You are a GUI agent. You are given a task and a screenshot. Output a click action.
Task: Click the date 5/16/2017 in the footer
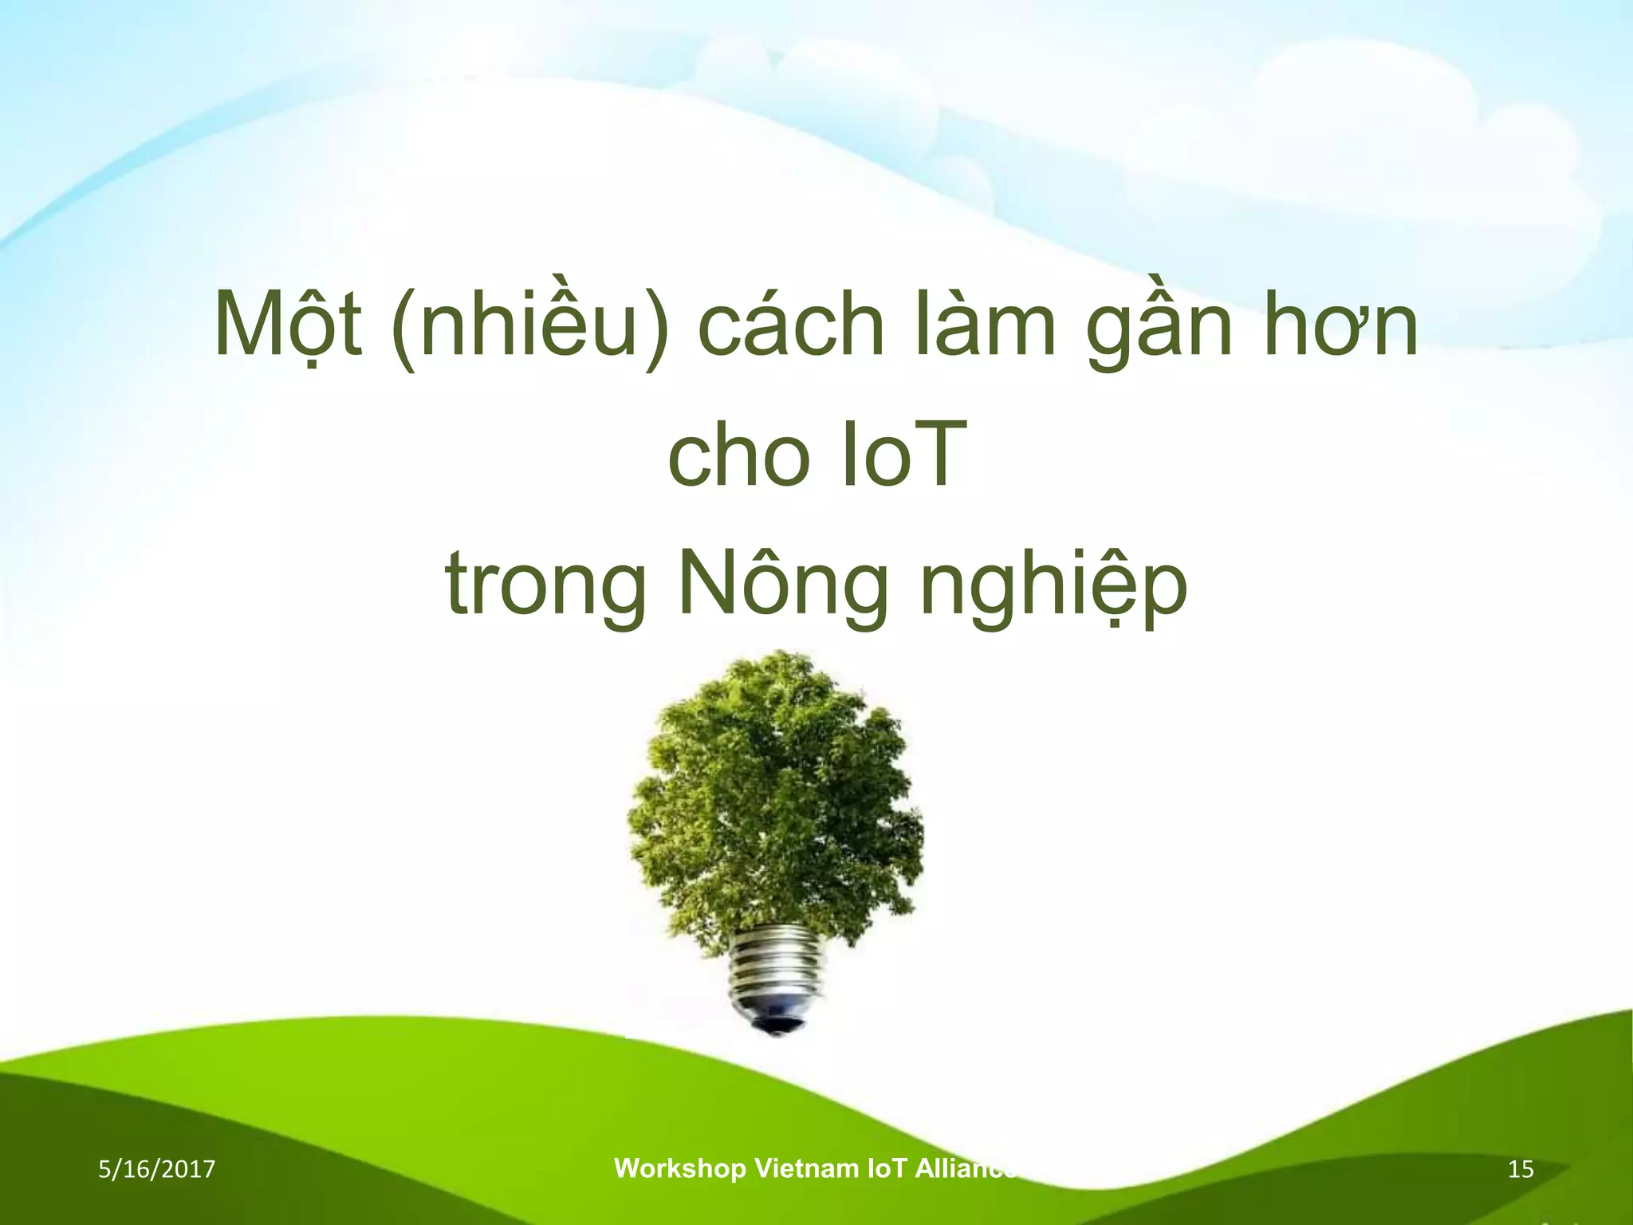click(157, 1169)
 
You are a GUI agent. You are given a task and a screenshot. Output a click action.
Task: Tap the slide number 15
click(1521, 1169)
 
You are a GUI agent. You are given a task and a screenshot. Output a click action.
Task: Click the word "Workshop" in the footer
click(679, 1168)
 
